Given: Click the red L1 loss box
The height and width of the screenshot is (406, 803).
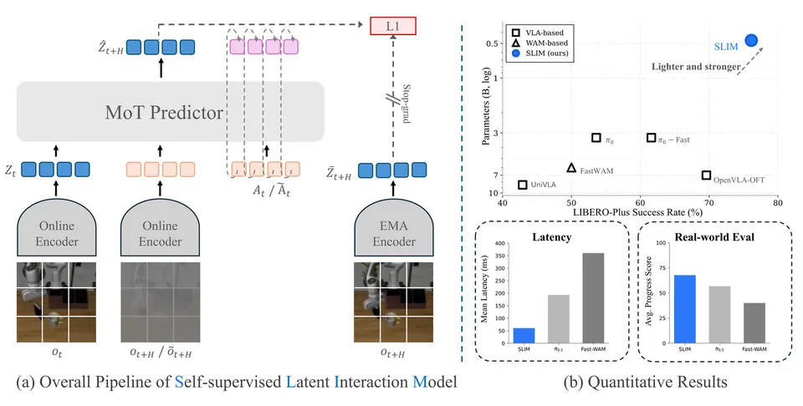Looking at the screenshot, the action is tap(393, 26).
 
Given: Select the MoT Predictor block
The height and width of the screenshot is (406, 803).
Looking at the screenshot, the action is tap(171, 111).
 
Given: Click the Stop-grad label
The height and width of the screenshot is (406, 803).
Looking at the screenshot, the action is tap(407, 104).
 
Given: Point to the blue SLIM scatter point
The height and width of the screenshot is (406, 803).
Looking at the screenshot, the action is tap(751, 40).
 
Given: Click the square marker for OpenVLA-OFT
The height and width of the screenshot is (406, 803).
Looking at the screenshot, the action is tap(706, 175).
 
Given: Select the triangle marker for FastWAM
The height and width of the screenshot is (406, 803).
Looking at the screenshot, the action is tap(571, 168).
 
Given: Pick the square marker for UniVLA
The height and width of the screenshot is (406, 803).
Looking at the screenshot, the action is tap(522, 185).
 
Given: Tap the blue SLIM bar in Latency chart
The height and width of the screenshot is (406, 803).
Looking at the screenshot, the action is tap(524, 336).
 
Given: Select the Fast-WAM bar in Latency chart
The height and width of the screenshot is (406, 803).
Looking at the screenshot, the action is tap(593, 298).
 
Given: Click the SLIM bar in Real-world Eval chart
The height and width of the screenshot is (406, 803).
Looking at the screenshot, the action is tap(685, 309).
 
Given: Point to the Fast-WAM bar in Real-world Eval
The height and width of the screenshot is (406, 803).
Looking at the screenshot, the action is tap(754, 323).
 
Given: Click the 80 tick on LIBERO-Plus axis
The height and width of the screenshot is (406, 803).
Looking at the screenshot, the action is tap(777, 203).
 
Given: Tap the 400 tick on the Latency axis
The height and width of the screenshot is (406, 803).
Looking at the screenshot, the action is tap(499, 243).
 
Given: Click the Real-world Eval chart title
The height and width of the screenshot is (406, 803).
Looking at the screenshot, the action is tap(714, 236).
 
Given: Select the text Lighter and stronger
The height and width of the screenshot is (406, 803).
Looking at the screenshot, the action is tap(696, 67).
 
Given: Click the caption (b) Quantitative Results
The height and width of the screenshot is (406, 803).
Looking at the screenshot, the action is tap(646, 382).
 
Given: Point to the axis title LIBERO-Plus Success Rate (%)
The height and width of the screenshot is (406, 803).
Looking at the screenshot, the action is tap(637, 212).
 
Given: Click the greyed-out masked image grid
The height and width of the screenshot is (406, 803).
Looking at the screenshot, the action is tap(161, 302).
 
